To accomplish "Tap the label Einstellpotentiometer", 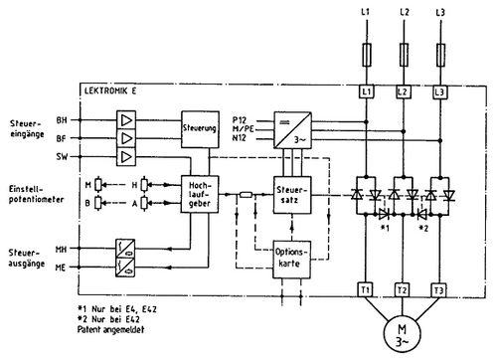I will [29, 190].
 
